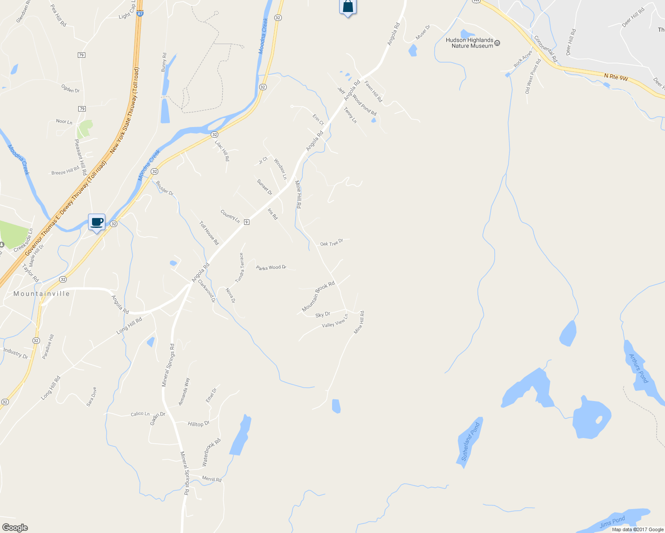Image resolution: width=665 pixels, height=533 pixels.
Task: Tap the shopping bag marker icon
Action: [x=348, y=7]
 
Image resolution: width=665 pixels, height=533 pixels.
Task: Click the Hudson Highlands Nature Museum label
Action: [x=469, y=43]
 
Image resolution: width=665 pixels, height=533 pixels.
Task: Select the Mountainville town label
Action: [x=42, y=294]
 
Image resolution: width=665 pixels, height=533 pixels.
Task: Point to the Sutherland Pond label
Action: [x=470, y=442]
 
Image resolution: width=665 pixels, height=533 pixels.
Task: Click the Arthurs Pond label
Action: [x=639, y=368]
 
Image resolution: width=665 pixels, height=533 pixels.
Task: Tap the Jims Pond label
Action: [x=613, y=522]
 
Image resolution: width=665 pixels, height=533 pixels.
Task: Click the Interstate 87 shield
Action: [x=140, y=14]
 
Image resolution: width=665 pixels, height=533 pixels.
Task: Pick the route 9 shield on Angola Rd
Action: [x=246, y=222]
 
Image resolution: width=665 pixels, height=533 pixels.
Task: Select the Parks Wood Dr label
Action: [x=271, y=267]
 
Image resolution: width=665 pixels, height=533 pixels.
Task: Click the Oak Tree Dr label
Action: [x=332, y=243]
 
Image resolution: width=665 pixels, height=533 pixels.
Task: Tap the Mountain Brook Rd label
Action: [x=318, y=296]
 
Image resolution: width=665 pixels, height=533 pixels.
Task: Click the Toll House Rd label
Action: [x=209, y=233]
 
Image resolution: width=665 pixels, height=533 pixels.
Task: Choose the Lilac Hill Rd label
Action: [x=222, y=150]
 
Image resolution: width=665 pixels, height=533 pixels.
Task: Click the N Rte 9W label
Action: [x=616, y=77]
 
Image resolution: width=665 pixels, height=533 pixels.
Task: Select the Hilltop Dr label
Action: [x=198, y=424]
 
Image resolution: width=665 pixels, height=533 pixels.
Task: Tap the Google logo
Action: [x=15, y=528]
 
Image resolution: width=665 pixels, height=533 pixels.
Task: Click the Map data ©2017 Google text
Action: [x=637, y=529]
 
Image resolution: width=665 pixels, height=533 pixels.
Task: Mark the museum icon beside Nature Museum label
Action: [x=497, y=43]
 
